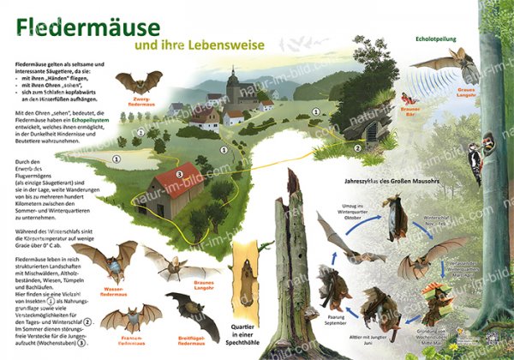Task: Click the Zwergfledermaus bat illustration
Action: point(137,82)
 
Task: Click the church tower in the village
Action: point(233,86)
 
